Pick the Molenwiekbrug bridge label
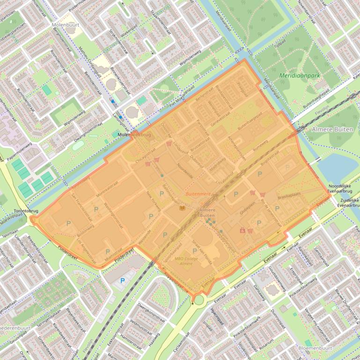[134, 135]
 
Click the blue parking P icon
[123, 281]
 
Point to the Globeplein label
[247, 211]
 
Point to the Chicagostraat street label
[145, 155]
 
